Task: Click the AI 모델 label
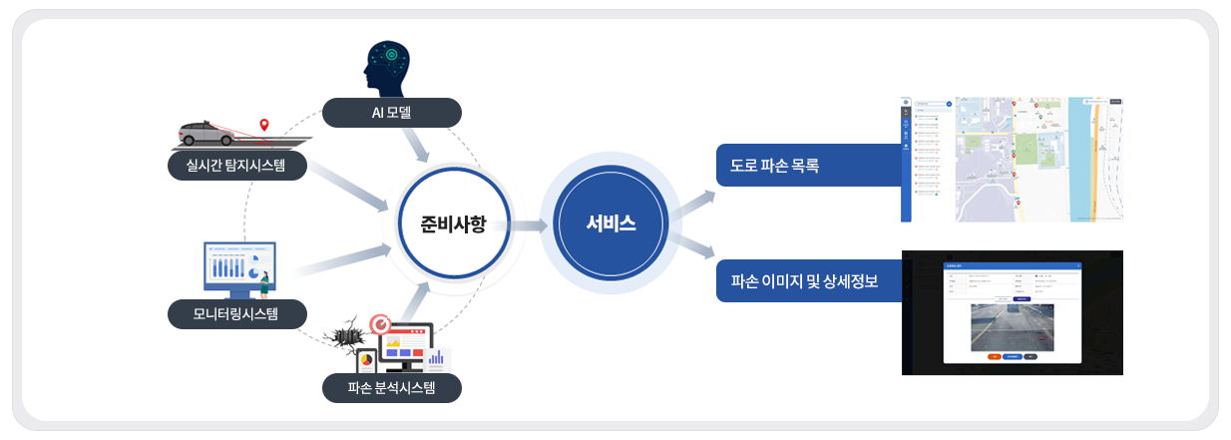pos(391,113)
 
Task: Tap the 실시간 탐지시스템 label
pos(236,165)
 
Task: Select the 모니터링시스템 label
pos(235,315)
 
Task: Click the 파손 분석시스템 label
pos(391,388)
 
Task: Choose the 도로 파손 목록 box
pos(805,166)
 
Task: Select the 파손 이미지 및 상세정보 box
pos(805,281)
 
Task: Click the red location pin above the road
pos(263,125)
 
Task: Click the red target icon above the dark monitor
pos(380,323)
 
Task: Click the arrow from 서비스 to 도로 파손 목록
pos(692,204)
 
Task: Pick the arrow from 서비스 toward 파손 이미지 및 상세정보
pos(692,246)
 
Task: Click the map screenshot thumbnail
pos(1012,160)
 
